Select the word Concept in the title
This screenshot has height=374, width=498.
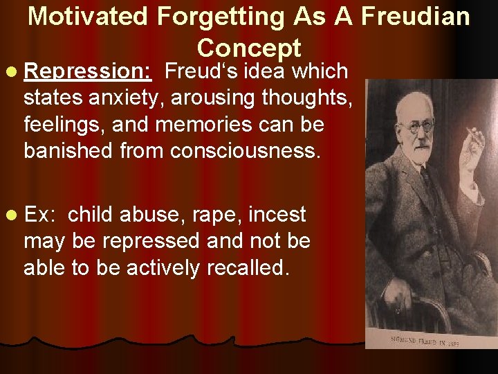click(248, 48)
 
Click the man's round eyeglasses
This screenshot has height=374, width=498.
click(417, 127)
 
